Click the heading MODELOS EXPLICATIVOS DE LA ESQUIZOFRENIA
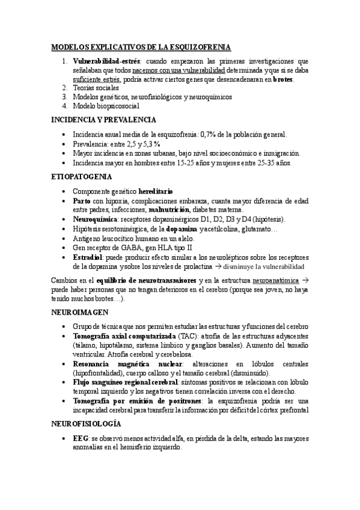tap(141, 47)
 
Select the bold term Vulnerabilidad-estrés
tap(106, 61)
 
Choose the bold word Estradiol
tap(88, 257)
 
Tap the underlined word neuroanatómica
tap(277, 280)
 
